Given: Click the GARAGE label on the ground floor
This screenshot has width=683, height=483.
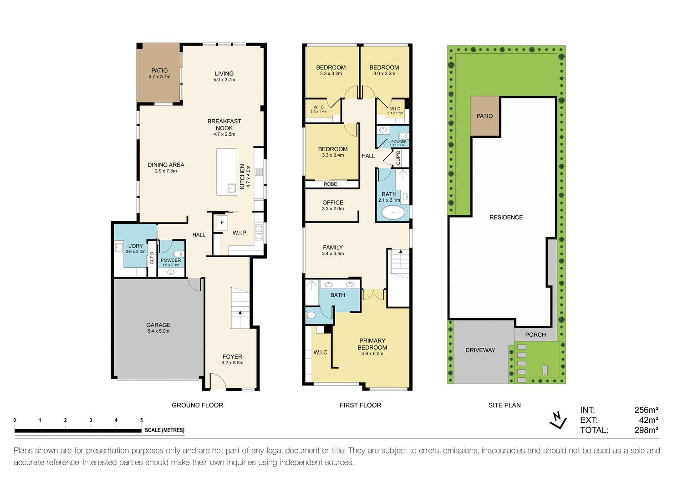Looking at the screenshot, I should [x=158, y=325].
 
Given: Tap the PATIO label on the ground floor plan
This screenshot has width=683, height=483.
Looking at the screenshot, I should [x=159, y=71].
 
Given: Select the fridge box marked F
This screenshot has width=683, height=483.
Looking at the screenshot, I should [x=222, y=223].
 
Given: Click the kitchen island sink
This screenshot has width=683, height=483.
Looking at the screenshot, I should [x=231, y=188].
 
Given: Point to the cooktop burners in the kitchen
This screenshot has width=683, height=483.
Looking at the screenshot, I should [x=259, y=172].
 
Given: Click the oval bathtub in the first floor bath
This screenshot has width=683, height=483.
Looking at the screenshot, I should [x=392, y=213].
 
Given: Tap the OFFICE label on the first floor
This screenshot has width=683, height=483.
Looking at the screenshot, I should [x=333, y=203].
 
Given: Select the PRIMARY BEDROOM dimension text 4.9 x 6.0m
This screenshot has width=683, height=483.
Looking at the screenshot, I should [x=372, y=354].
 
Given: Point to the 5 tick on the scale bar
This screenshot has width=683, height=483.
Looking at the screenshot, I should [x=142, y=420].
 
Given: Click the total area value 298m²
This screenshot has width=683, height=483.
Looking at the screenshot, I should [x=646, y=430].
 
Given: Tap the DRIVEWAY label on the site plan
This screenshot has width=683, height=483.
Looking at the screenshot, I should [x=480, y=350].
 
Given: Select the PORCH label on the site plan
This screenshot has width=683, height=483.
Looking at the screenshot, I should [x=535, y=335].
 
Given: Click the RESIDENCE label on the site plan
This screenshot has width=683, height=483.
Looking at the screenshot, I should [x=506, y=217].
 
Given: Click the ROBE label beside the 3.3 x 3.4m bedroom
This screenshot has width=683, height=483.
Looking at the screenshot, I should [x=330, y=184].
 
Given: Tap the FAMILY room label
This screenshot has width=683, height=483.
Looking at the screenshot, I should [x=333, y=248].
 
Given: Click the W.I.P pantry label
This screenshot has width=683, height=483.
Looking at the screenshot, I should [x=239, y=233].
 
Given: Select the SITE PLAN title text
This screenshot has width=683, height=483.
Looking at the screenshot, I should [x=505, y=405].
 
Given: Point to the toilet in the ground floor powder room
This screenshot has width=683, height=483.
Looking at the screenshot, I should [x=178, y=254].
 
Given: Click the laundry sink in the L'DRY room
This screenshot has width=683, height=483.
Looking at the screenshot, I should [x=119, y=248].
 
